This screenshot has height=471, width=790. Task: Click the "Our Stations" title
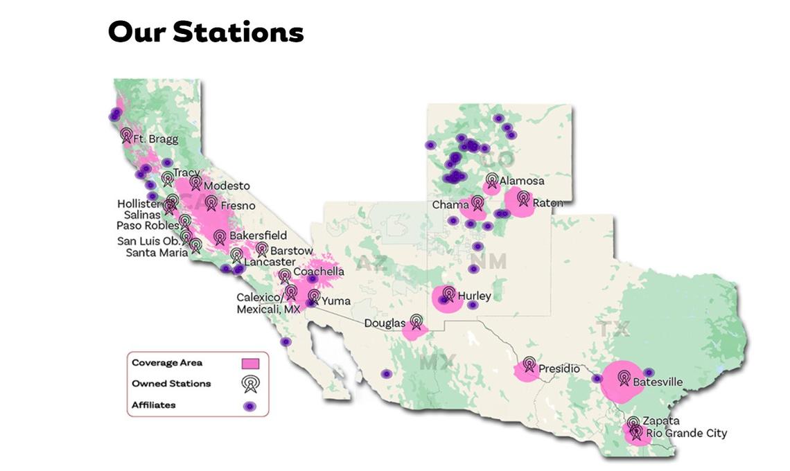206,32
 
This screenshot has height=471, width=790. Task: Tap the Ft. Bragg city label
155,139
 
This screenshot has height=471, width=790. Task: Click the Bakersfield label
258,236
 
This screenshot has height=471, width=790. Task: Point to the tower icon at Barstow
262,249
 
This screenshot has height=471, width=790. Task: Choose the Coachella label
318,272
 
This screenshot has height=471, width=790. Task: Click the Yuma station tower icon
314,297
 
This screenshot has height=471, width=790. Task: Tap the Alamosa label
522,181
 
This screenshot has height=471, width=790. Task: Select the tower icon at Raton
523,199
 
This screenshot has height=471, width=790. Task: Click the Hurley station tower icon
448,294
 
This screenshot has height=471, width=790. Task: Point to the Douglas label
385,323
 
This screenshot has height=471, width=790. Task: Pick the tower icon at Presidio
529,364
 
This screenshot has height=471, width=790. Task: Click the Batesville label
658,382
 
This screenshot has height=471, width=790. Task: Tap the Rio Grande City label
687,433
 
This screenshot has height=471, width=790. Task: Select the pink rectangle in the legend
250,363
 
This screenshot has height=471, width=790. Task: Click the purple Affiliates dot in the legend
250,406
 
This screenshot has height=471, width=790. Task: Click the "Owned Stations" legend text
171,384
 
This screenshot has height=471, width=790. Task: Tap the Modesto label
227,186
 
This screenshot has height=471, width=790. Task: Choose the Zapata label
661,421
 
